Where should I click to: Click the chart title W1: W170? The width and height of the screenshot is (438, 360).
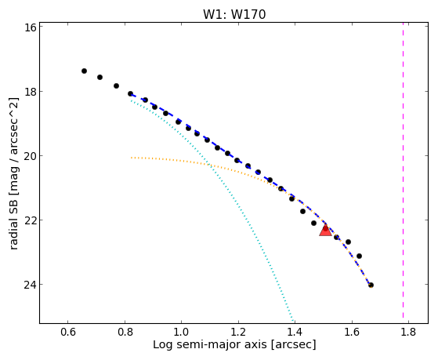(x=234, y=14)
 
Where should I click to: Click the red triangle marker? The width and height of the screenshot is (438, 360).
(x=325, y=231)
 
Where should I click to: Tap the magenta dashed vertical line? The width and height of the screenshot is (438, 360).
(x=403, y=170)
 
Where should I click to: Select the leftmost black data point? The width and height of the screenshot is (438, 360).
(x=84, y=71)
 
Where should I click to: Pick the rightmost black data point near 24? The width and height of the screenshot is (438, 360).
(x=371, y=285)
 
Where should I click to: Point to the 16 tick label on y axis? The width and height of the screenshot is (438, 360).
(x=30, y=27)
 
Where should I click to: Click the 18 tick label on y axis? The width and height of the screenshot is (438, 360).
(x=30, y=92)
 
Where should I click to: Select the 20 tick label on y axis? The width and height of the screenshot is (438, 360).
(x=30, y=156)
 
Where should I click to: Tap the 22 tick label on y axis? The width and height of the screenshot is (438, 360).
(x=30, y=220)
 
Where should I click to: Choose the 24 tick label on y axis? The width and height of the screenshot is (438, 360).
(x=30, y=285)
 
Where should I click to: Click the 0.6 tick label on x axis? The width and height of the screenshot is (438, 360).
(x=67, y=333)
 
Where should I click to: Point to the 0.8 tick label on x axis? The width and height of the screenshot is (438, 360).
(x=125, y=333)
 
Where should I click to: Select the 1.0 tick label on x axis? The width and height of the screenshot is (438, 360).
(x=181, y=333)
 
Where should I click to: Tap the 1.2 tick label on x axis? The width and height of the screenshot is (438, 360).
(x=238, y=333)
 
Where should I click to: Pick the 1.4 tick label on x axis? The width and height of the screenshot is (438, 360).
(x=295, y=333)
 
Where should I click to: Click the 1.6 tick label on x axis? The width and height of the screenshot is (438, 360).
(x=352, y=333)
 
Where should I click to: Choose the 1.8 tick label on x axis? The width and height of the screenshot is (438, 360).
(x=409, y=333)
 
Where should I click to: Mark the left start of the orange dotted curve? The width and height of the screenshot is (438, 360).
(x=132, y=158)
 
